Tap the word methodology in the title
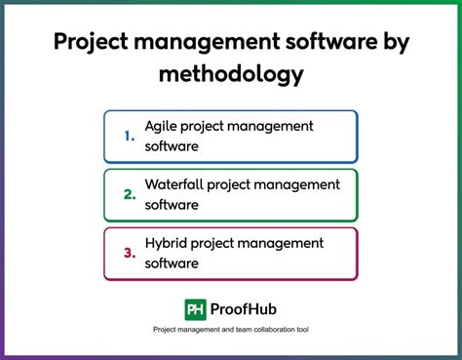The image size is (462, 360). tap(231, 73)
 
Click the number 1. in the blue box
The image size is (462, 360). tap(130, 136)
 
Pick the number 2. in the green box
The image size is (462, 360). tap(130, 194)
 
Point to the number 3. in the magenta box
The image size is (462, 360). tap(130, 253)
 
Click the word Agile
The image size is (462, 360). tap(162, 127)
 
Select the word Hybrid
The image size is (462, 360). tap(167, 243)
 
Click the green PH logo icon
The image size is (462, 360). tap(195, 309)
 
